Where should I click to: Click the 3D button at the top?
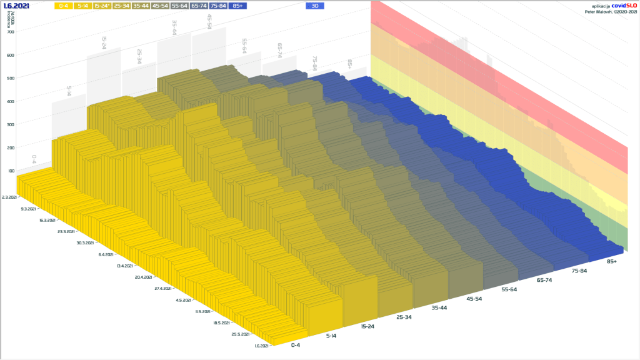pos(315,6)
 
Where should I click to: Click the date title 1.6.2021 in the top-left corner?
pos(16,6)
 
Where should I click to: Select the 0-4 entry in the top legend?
pos(64,6)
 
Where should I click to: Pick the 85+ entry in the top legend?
pos(237,6)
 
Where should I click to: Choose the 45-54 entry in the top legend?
pos(160,6)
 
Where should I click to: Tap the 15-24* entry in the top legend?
pos(102,6)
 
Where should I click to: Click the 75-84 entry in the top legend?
pos(218,6)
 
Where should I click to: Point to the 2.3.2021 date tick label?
pos(10,197)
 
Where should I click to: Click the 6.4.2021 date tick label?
pos(106,254)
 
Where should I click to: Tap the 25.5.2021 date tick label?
pos(240,334)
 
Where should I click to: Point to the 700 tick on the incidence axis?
pos(11,32)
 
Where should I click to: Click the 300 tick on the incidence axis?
pos(11,124)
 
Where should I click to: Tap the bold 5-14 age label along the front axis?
pos(332,336)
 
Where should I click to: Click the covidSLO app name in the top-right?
pos(622,5)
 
